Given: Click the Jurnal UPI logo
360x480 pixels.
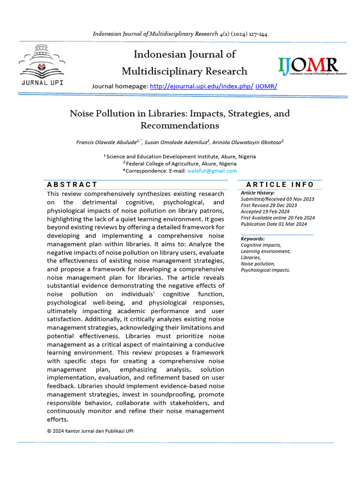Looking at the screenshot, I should pyautogui.click(x=42, y=66).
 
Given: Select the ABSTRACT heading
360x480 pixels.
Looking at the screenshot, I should pyautogui.click(x=72, y=185).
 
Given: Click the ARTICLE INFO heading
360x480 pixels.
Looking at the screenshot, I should pyautogui.click(x=280, y=185).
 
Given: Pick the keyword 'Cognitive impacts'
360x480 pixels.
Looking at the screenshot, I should pyautogui.click(x=261, y=245).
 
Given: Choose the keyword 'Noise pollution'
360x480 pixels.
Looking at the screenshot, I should pyautogui.click(x=258, y=263).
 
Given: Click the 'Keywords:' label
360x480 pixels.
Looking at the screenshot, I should pyautogui.click(x=253, y=239).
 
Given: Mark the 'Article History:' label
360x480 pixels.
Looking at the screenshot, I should pyautogui.click(x=258, y=193).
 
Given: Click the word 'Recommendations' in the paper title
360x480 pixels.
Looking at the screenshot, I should pyautogui.click(x=180, y=126).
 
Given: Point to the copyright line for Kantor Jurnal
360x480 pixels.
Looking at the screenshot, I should pyautogui.click(x=90, y=431).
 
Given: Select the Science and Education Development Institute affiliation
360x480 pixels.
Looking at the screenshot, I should pyautogui.click(x=181, y=157).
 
